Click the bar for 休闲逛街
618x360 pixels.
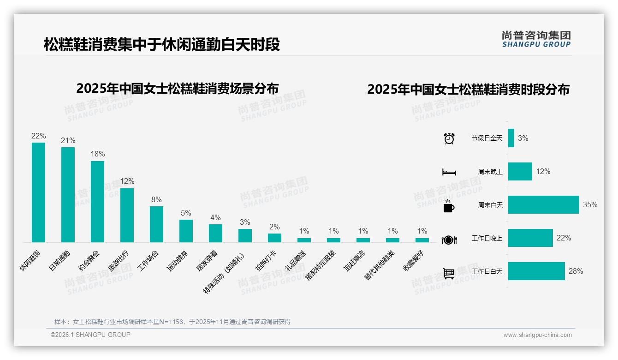pyautogui.click(x=38, y=192)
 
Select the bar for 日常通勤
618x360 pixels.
pyautogui.click(x=68, y=195)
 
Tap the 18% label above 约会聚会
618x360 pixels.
pyautogui.click(x=97, y=154)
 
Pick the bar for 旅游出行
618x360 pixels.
pyautogui.click(x=127, y=215)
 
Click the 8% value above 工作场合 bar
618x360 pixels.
pyautogui.click(x=156, y=199)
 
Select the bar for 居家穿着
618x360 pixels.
pyautogui.click(x=215, y=233)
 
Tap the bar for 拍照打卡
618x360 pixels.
pyautogui.click(x=274, y=238)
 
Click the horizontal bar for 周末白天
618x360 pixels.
pyautogui.click(x=543, y=204)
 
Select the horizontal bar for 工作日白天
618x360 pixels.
pyautogui.click(x=536, y=271)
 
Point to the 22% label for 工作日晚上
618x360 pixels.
pyautogui.click(x=564, y=238)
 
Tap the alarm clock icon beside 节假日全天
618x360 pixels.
pyautogui.click(x=449, y=138)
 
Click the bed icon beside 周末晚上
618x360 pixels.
pyautogui.click(x=449, y=172)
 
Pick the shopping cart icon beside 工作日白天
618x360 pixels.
pyautogui.click(x=449, y=273)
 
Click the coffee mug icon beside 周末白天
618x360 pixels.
pyautogui.click(x=449, y=206)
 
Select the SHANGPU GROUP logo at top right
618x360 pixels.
pyautogui.click(x=536, y=39)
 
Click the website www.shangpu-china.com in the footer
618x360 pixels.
pyautogui.click(x=537, y=335)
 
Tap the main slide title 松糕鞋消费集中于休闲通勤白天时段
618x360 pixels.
pyautogui.click(x=162, y=45)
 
